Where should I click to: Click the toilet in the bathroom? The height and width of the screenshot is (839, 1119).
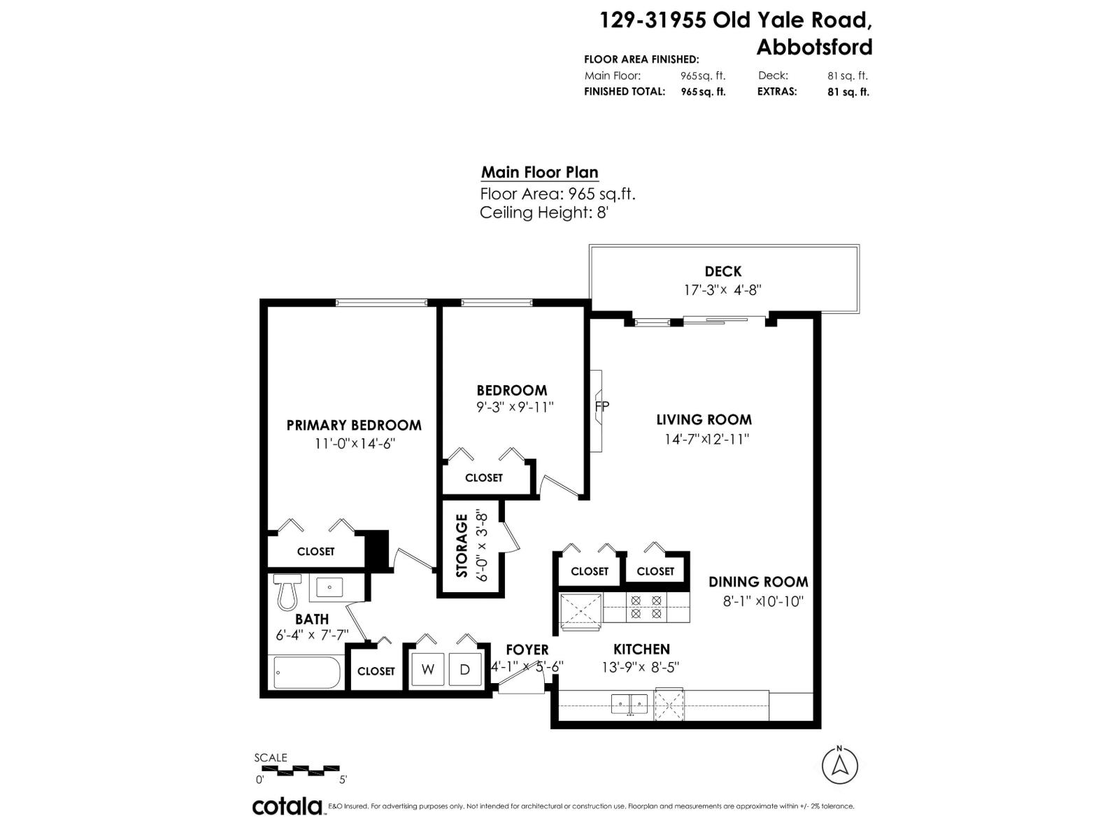tap(287, 592)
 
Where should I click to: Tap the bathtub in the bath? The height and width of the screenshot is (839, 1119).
tap(307, 673)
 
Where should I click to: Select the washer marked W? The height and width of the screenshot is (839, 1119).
tap(428, 669)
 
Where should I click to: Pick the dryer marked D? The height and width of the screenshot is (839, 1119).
tap(465, 669)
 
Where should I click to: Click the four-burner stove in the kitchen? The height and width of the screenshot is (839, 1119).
tap(646, 607)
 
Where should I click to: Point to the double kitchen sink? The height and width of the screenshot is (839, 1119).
tap(629, 705)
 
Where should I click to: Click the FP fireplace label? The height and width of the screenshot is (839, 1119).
tap(602, 406)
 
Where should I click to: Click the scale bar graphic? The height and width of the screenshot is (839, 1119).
tap(300, 770)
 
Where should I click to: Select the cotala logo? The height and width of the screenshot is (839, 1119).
tap(287, 806)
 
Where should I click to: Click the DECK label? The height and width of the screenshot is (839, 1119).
tap(723, 271)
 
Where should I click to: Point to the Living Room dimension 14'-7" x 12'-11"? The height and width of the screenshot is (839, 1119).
tap(706, 438)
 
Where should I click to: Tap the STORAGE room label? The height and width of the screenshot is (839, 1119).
tap(462, 545)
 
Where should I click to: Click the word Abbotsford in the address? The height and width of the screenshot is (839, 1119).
tap(814, 48)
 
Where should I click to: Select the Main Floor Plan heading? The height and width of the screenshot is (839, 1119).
tap(539, 173)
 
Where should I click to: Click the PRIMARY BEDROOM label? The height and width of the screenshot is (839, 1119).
tap(354, 425)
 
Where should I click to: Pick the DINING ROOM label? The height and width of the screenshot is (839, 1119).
tap(758, 582)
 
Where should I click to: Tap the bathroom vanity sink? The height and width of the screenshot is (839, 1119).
tap(329, 587)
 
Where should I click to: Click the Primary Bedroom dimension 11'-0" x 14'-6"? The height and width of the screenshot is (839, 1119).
tap(355, 444)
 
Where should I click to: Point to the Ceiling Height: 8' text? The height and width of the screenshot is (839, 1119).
tap(544, 213)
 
